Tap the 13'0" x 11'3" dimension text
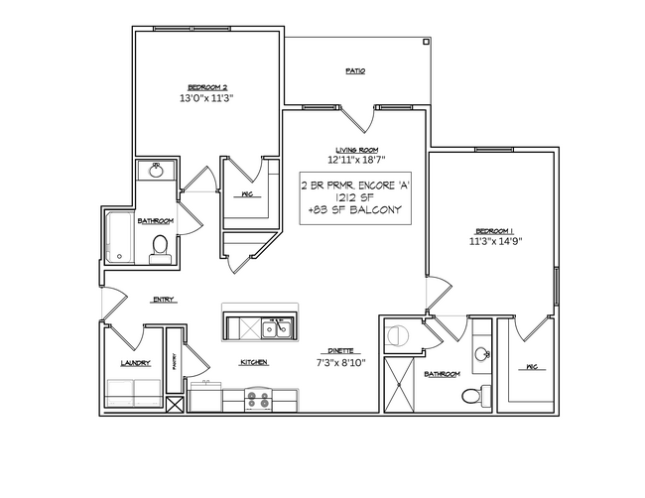tap(207, 99)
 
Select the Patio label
tap(354, 71)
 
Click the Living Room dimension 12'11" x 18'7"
tap(354, 160)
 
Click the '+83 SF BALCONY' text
tap(354, 210)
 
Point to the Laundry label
tap(135, 363)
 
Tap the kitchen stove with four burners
tap(258, 401)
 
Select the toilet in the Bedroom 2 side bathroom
tap(157, 250)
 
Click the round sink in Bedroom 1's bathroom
tap(482, 354)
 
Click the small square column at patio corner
tap(425, 43)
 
